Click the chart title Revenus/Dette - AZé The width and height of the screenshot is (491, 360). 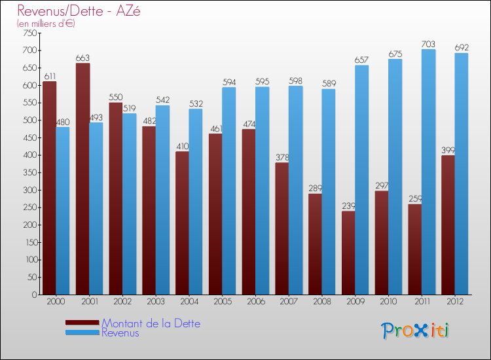tap(79, 10)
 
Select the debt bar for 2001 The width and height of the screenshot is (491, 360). tap(82, 179)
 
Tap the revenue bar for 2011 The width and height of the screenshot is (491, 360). tap(428, 171)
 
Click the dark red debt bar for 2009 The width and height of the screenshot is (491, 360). tap(348, 253)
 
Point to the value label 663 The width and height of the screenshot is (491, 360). tap(82, 58)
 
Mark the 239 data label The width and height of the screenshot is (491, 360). tap(348, 206)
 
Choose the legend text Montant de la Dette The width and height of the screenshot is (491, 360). tap(151, 323)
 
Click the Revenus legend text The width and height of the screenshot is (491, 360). tap(120, 333)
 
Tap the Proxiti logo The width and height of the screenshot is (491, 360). tap(416, 331)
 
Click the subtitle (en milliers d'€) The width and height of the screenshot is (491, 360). tap(46, 24)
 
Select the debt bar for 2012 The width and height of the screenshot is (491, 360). tap(448, 225)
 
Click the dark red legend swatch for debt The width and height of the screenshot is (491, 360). tap(82, 323)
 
